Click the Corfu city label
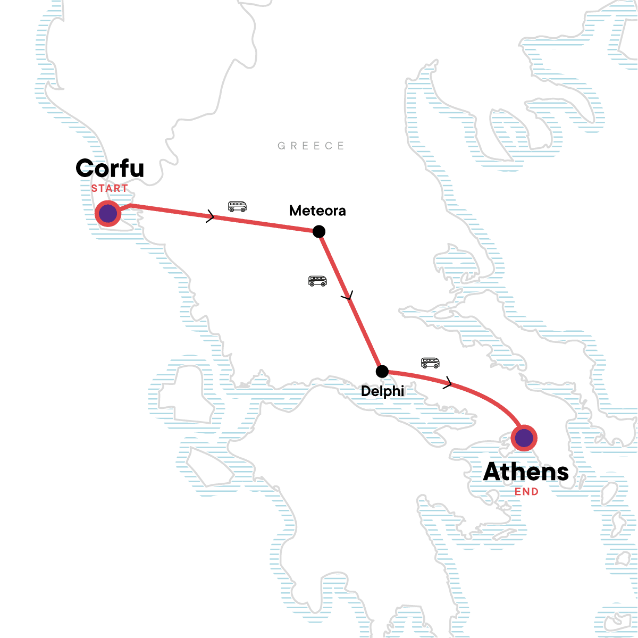point(110,168)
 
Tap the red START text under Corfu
point(109,188)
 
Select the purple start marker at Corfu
point(108,214)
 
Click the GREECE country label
point(311,146)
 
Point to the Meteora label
point(317,211)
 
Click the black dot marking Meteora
point(319,231)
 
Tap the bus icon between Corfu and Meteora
point(237,206)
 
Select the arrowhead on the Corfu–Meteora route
point(211,216)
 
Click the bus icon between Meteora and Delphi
point(317,281)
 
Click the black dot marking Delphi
point(382,371)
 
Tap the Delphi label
point(382,391)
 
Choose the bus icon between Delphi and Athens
point(430,363)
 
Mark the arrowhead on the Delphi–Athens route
point(449,382)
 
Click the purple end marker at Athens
point(524,439)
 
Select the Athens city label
point(526,472)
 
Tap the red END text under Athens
point(526,492)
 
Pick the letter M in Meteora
point(295,211)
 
